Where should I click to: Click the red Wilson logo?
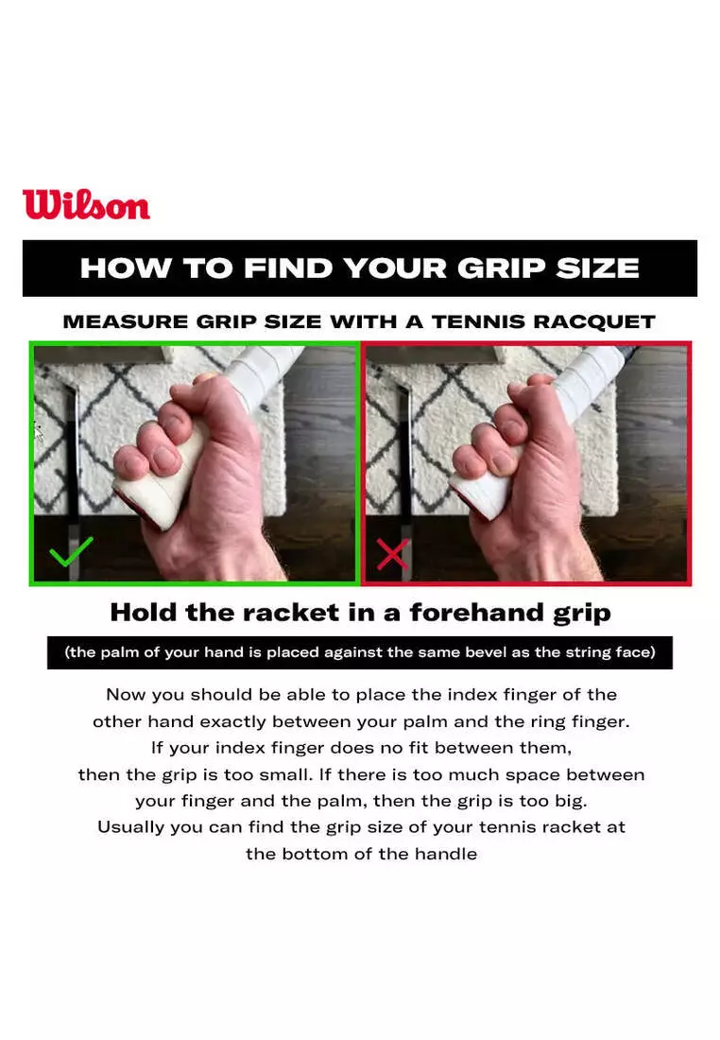86,205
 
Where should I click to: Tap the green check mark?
71,551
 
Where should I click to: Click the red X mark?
392,554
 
